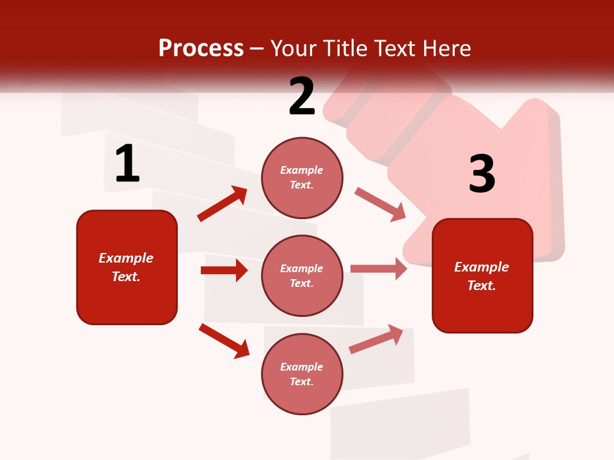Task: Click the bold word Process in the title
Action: tap(201, 48)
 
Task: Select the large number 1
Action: tap(127, 164)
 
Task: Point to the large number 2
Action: tap(302, 96)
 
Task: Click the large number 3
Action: tap(482, 174)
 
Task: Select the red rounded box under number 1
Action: tap(127, 267)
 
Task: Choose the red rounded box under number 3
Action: tap(482, 275)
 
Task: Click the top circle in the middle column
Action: tap(302, 178)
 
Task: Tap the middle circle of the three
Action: tap(302, 275)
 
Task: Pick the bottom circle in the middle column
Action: tap(302, 374)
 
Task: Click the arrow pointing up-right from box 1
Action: tap(223, 204)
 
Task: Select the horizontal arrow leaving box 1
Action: tap(224, 270)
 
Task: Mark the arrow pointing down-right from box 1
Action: tap(224, 341)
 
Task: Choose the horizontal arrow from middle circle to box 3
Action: tap(379, 268)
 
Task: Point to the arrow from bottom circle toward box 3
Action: tap(376, 339)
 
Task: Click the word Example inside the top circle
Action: tap(302, 171)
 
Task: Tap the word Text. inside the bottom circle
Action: tap(302, 381)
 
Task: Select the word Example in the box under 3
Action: tap(482, 267)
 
